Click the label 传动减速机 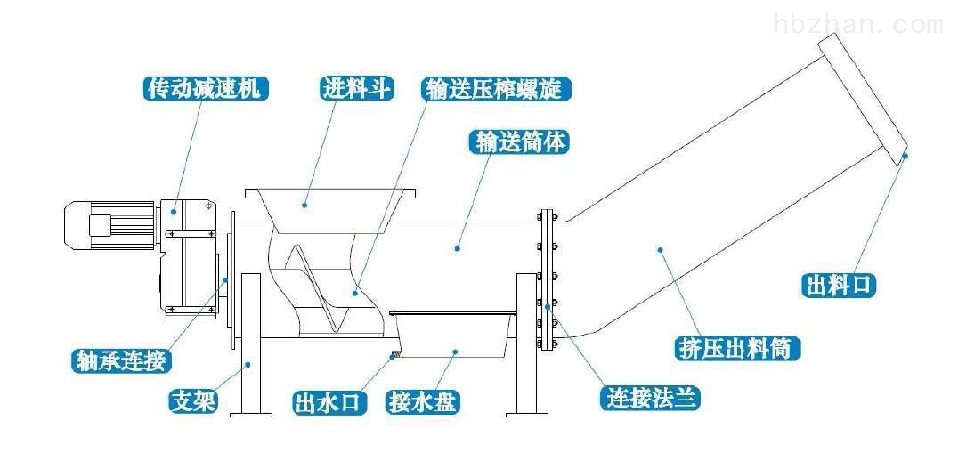click(x=205, y=88)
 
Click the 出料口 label click(x=840, y=285)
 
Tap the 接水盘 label click(x=422, y=402)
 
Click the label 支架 click(x=192, y=402)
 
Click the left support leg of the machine click(x=250, y=347)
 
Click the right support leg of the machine click(x=526, y=347)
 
